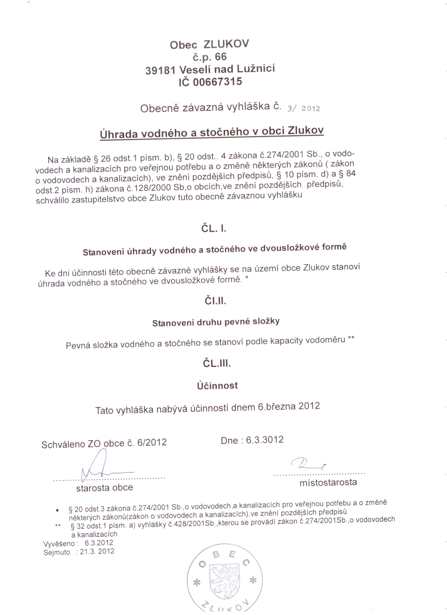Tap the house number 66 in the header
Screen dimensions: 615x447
coord(220,57)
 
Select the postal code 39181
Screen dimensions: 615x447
coord(161,70)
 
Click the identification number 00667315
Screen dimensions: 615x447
coord(217,82)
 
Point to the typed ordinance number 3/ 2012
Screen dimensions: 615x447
coord(303,109)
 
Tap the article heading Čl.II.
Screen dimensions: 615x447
coord(215,301)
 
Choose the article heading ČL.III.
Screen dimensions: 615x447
coord(217,364)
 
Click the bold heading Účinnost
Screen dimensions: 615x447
coord(217,386)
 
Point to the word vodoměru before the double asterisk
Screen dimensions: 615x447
coord(326,340)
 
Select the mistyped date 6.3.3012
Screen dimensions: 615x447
coord(265,440)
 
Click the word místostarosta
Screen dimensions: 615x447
coord(328,482)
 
